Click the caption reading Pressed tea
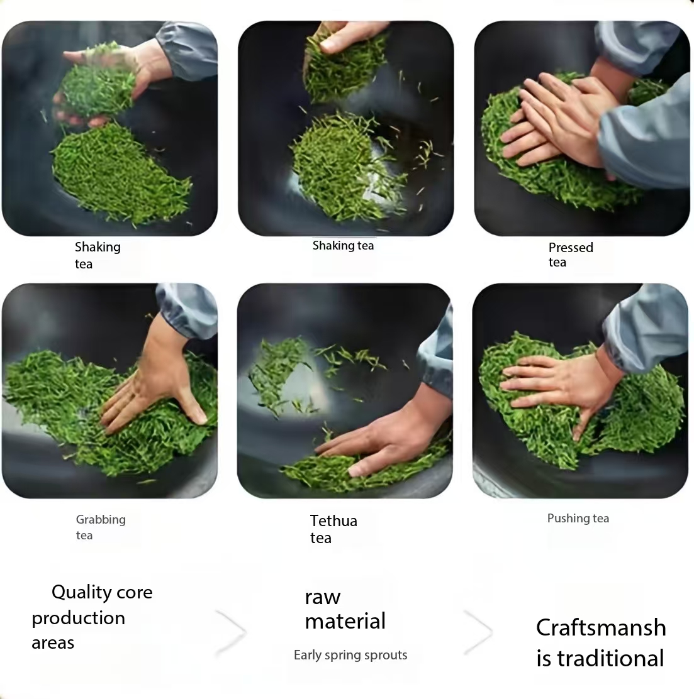(571, 255)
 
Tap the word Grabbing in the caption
(101, 520)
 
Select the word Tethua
(333, 520)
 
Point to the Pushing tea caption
(578, 519)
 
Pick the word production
(78, 619)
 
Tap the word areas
(53, 643)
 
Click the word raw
(323, 597)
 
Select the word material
(345, 621)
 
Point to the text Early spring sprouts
(350, 655)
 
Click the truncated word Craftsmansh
(601, 628)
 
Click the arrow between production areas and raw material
(231, 632)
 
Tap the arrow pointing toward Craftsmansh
(478, 632)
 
